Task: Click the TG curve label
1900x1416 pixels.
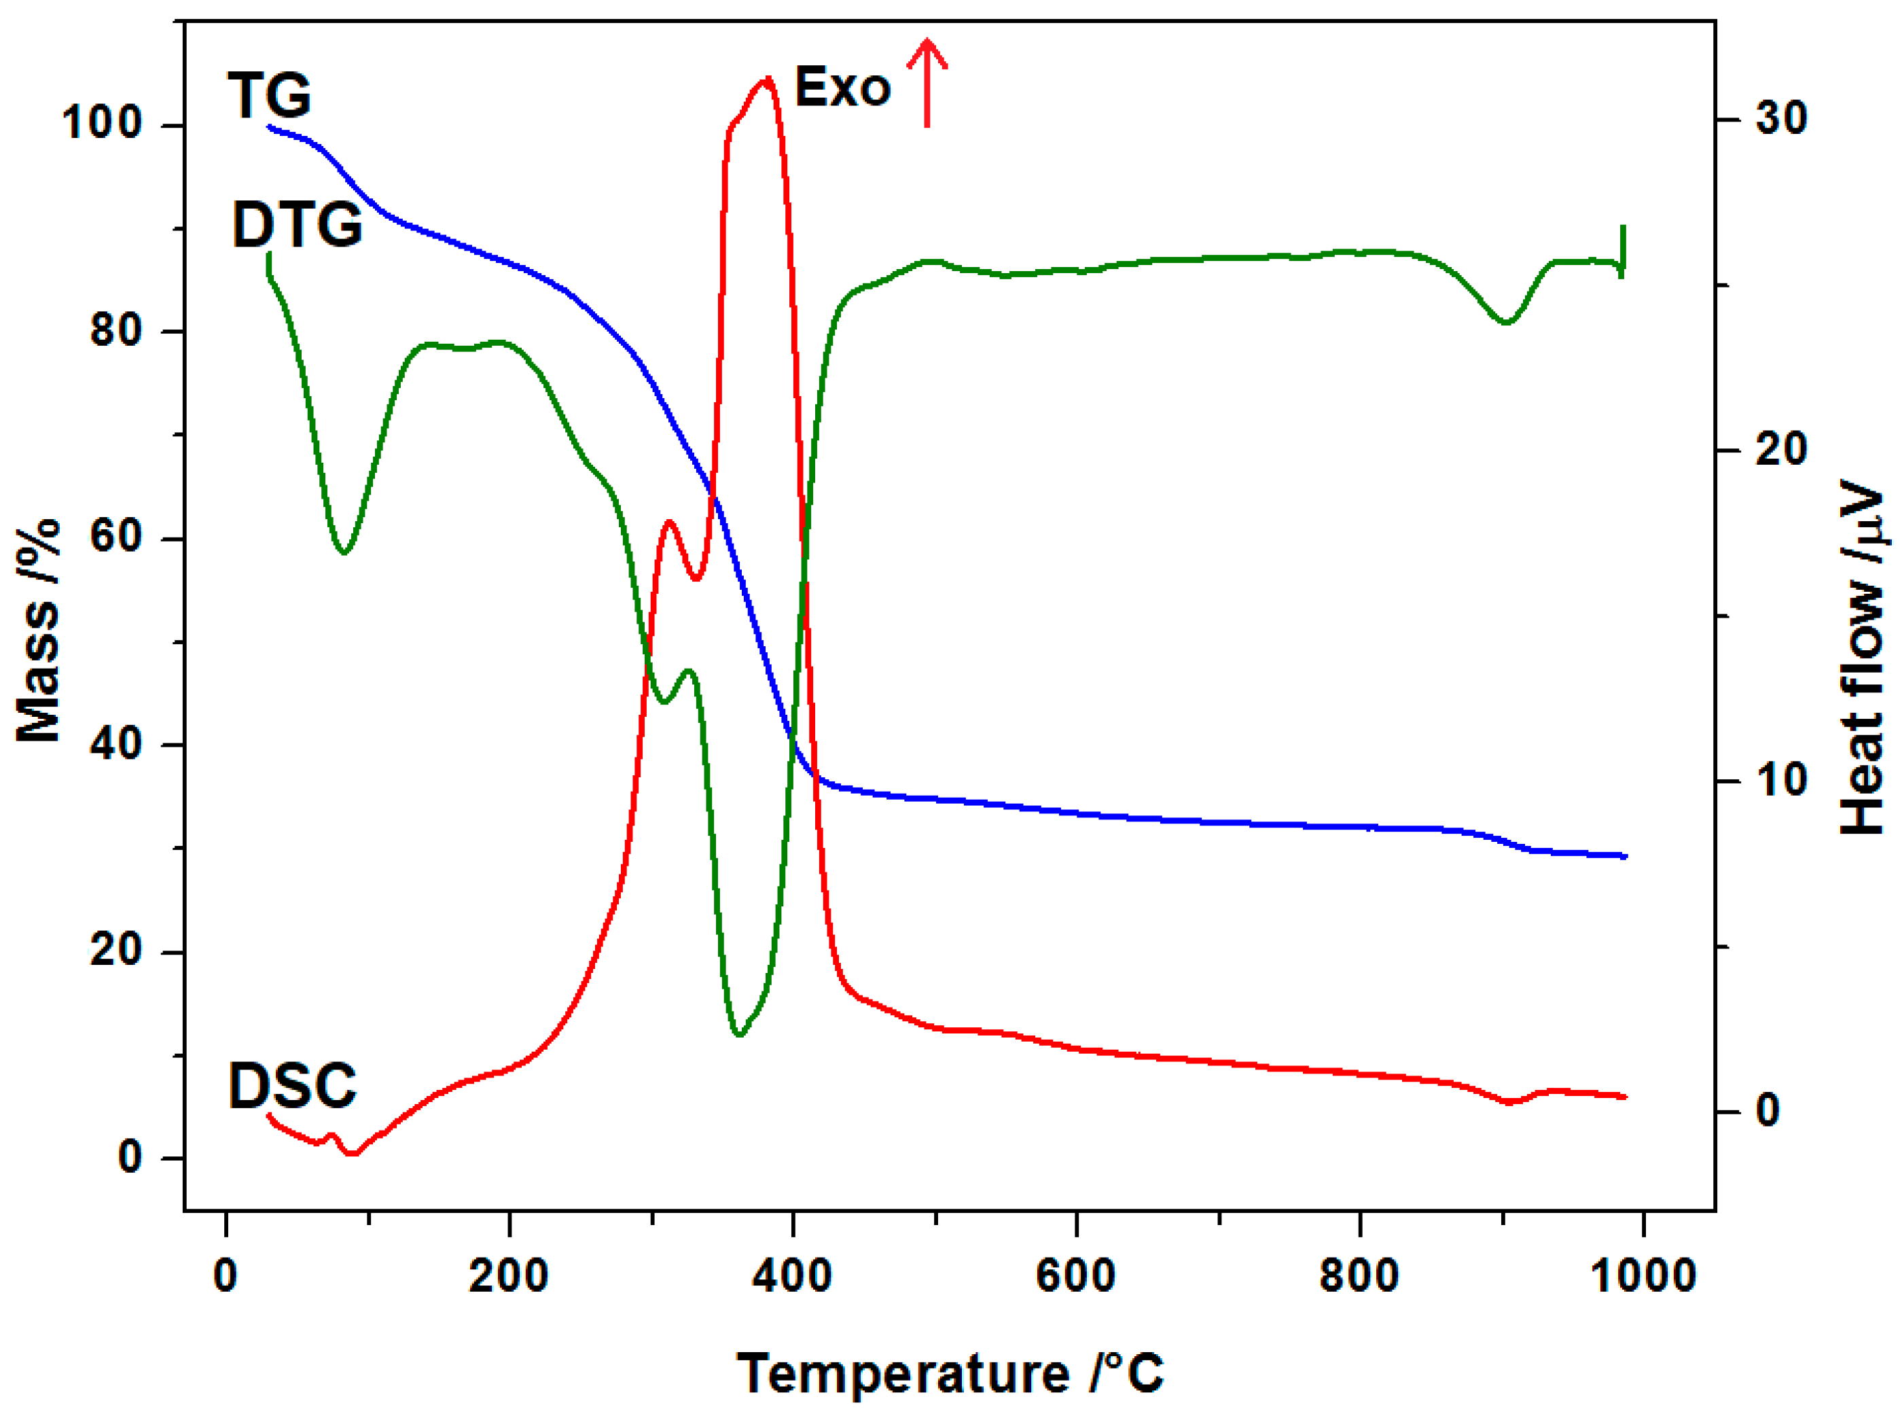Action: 269,95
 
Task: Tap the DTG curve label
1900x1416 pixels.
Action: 297,226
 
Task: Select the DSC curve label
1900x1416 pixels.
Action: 292,1085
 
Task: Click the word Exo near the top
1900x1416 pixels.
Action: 842,88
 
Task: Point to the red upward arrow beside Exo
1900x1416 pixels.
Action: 927,82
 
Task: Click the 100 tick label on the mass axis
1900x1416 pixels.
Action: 101,124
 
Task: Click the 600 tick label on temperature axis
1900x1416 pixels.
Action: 1075,1276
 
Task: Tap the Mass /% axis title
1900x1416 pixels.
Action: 39,630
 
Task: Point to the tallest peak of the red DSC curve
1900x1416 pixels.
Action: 766,79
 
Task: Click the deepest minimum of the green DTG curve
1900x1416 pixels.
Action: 740,1035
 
